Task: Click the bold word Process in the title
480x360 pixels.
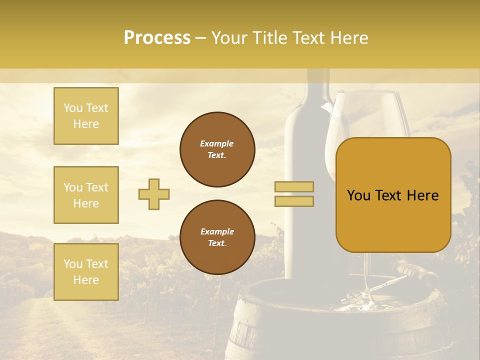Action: coord(157,38)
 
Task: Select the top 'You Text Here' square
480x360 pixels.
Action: coord(86,116)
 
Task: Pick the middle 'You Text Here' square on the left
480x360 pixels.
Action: coord(86,195)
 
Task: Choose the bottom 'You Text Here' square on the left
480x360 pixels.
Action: coord(86,271)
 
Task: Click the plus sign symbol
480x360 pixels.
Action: coord(154,194)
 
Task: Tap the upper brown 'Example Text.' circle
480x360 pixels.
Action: coord(217,149)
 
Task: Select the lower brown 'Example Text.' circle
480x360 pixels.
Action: coord(217,237)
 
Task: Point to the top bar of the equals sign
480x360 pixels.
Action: coord(294,187)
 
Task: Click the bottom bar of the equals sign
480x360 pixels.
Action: coord(294,201)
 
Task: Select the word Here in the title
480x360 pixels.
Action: coord(348,38)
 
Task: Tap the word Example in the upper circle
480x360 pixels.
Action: coord(216,143)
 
